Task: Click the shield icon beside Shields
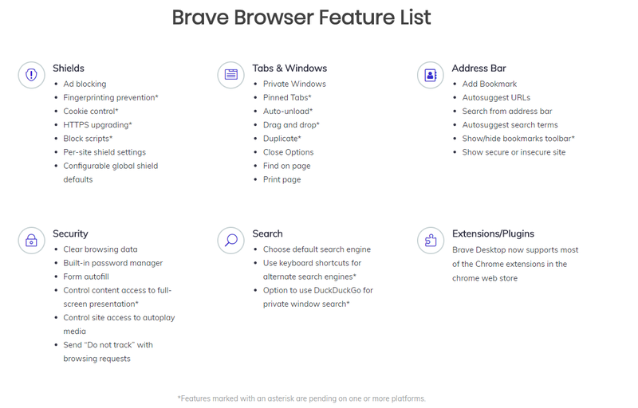(x=31, y=75)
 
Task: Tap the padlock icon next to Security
(x=31, y=241)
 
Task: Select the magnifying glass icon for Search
(x=230, y=241)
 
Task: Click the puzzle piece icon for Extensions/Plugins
(x=431, y=241)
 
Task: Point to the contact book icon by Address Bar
(x=431, y=75)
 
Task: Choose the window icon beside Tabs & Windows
(x=230, y=75)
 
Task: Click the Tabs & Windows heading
(x=289, y=69)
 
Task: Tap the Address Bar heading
(x=479, y=69)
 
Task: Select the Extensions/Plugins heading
(x=493, y=233)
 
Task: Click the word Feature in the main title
(x=356, y=18)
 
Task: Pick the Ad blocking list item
(x=85, y=84)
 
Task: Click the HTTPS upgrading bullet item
(x=97, y=125)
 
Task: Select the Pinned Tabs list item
(x=287, y=97)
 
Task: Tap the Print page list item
(x=282, y=179)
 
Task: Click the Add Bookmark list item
(x=490, y=84)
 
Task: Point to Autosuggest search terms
(x=510, y=125)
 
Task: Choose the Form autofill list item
(x=86, y=277)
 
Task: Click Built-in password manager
(x=112, y=263)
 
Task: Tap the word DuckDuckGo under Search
(x=330, y=291)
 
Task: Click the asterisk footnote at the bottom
(x=301, y=398)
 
